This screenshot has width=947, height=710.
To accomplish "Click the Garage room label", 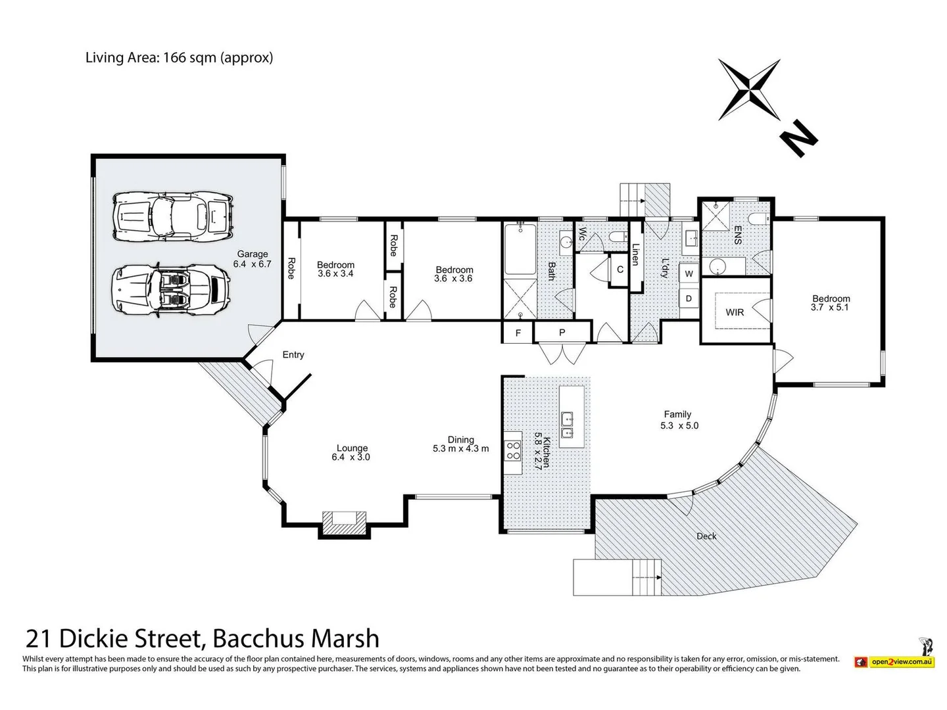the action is (x=253, y=254).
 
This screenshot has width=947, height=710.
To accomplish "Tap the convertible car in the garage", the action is (x=171, y=290).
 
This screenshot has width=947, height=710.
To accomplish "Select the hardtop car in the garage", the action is (x=173, y=216).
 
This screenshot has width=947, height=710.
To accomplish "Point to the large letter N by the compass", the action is (x=798, y=138).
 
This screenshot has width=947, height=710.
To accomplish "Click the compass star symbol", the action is (x=750, y=89).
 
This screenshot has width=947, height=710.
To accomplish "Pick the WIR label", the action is (x=735, y=312).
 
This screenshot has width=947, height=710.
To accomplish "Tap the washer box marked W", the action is (x=689, y=273).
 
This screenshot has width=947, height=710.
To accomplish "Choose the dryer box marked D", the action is (x=689, y=298).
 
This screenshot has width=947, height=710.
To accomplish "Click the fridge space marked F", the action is (x=518, y=333).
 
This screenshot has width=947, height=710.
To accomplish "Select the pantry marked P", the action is (x=562, y=333).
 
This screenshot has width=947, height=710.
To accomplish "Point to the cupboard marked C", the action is (x=619, y=270).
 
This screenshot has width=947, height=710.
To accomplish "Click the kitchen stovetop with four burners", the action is (x=512, y=451).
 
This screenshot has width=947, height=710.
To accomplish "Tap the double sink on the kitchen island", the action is (x=568, y=425).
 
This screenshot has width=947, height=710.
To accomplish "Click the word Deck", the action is (x=706, y=536).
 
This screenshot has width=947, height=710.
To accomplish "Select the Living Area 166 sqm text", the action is (x=179, y=58).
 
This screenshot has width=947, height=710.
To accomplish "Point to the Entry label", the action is (x=293, y=355).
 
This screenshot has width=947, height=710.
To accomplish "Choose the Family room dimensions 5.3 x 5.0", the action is (x=679, y=425).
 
